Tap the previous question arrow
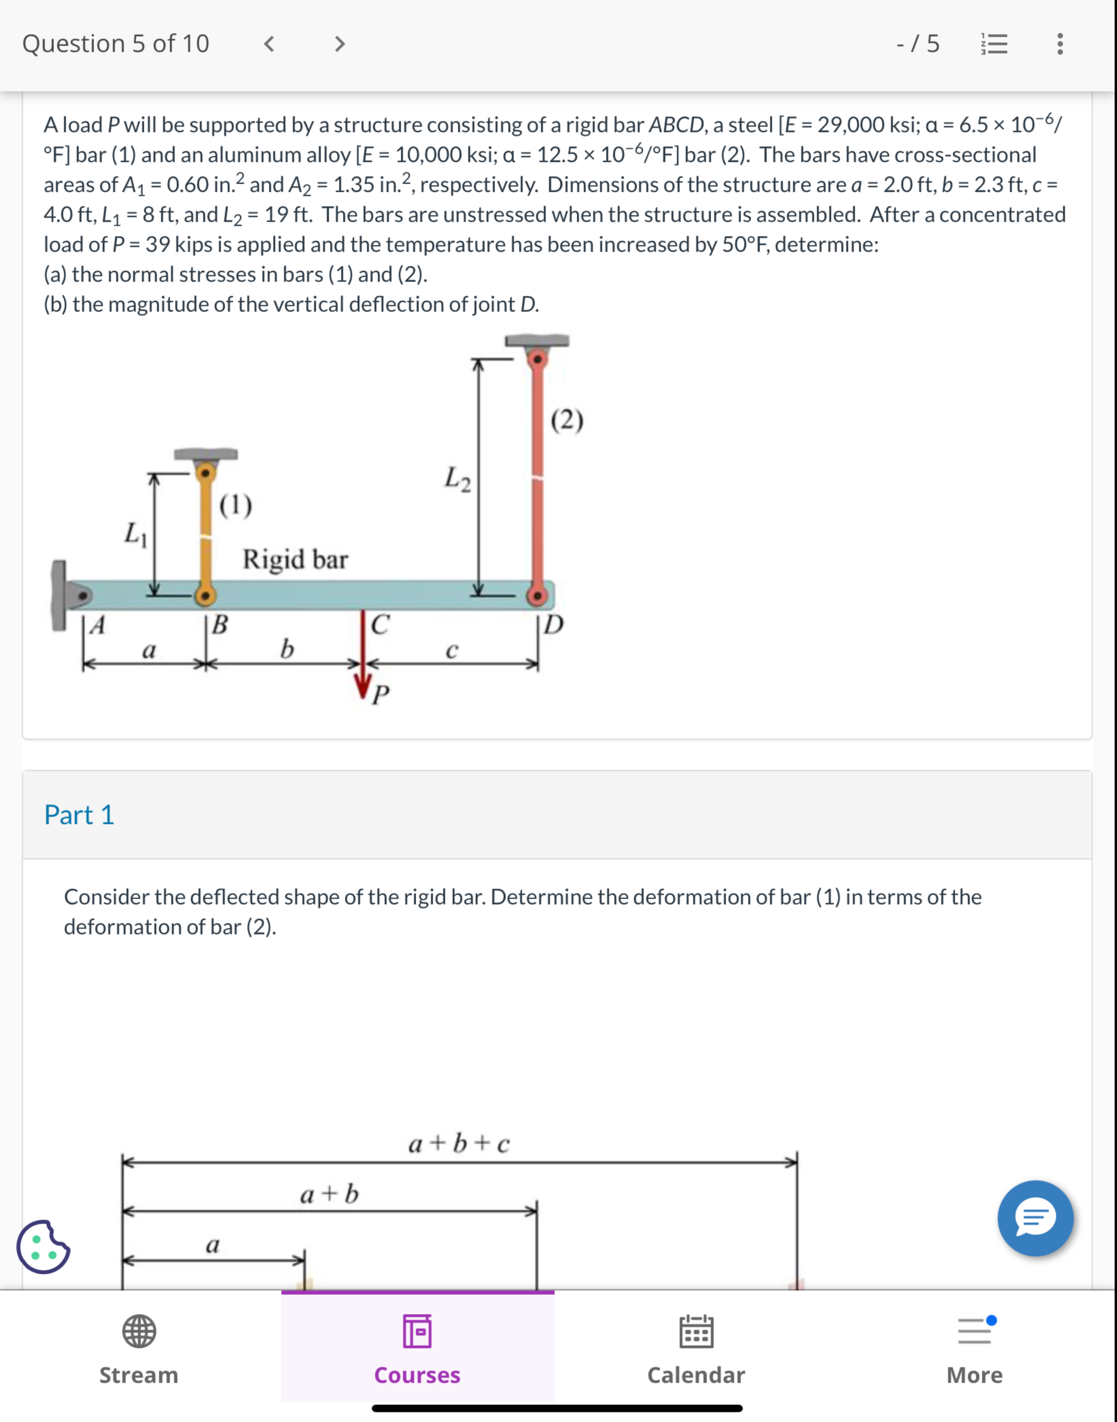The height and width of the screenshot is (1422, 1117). (x=268, y=44)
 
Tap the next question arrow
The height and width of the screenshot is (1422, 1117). (x=339, y=44)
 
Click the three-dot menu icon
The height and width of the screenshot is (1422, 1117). (x=1060, y=44)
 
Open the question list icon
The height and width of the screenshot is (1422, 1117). (x=994, y=44)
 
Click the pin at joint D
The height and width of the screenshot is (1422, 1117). (x=538, y=595)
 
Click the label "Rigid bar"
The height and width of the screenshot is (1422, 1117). (x=295, y=560)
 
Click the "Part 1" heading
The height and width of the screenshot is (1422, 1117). (x=79, y=815)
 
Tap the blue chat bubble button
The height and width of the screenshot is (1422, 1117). (x=1035, y=1218)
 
